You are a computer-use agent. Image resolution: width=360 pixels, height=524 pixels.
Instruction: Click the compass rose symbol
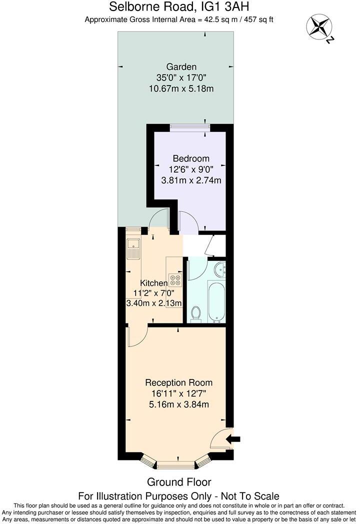(x=318, y=26)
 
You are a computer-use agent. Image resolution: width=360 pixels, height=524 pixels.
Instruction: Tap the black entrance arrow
(x=233, y=439)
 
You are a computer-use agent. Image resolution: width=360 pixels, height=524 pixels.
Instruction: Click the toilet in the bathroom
(x=196, y=313)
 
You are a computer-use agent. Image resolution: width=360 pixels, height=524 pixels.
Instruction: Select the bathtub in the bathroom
(x=216, y=302)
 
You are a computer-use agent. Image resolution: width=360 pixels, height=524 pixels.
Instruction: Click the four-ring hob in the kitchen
(x=175, y=280)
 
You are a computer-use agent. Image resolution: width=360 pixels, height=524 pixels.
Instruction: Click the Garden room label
(x=181, y=67)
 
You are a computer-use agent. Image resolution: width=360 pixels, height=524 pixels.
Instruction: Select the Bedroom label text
(x=191, y=158)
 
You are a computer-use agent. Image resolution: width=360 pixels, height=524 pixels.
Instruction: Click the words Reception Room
(x=179, y=382)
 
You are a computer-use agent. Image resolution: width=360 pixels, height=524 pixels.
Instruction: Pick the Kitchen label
(x=154, y=283)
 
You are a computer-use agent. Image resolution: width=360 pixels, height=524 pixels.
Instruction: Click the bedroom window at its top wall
(x=190, y=126)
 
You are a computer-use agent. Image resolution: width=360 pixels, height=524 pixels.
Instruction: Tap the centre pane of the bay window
(x=176, y=464)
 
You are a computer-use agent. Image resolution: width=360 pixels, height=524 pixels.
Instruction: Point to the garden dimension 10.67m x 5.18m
(x=181, y=88)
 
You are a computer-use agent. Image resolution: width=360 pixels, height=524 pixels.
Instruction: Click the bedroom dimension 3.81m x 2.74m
(x=191, y=180)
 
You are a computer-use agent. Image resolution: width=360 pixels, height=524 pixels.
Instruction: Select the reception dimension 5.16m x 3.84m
(x=179, y=404)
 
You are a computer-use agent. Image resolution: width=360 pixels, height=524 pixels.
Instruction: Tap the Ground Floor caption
(x=179, y=482)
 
